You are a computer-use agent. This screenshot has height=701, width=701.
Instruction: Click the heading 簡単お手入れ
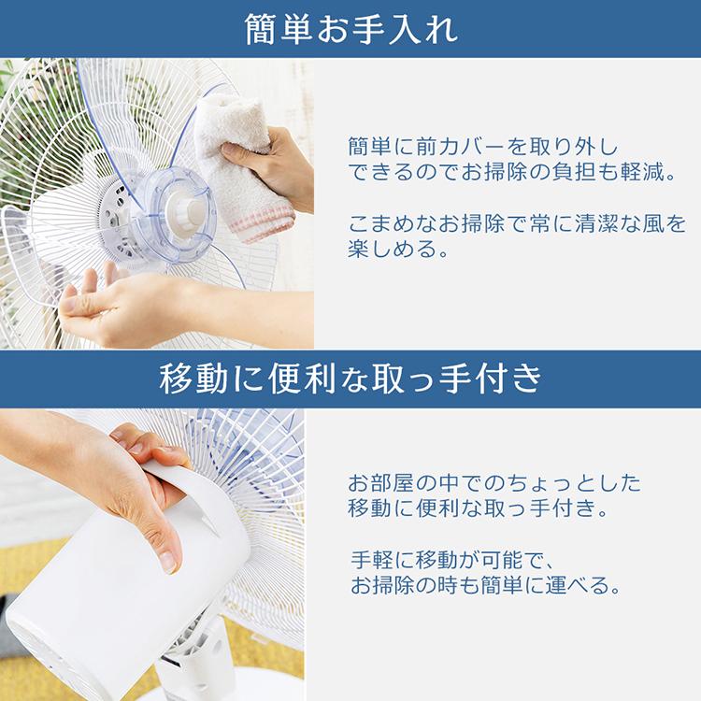[x=350, y=30]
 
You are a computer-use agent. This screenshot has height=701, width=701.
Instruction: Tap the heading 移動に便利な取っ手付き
[x=350, y=379]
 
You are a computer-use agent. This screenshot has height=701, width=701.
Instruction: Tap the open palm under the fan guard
[x=112, y=308]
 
